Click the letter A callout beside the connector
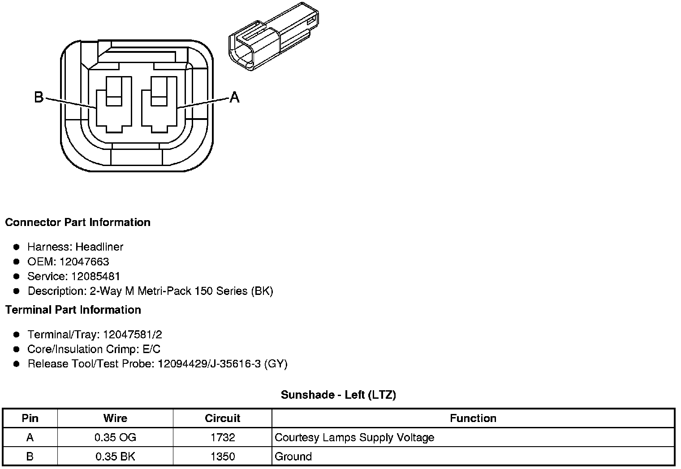point(234,97)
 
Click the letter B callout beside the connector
point(39,97)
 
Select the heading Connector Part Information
point(78,222)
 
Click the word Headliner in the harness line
point(99,247)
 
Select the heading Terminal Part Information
point(73,310)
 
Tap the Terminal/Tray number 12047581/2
point(132,334)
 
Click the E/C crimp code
point(151,349)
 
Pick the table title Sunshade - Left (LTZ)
point(338,395)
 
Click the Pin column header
point(30,418)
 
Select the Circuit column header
point(222,418)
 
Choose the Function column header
point(473,418)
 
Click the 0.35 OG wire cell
point(115,437)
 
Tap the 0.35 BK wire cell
point(115,456)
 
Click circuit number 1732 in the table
point(222,437)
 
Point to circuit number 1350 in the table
point(222,456)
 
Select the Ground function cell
point(293,456)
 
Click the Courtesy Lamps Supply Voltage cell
point(354,437)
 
